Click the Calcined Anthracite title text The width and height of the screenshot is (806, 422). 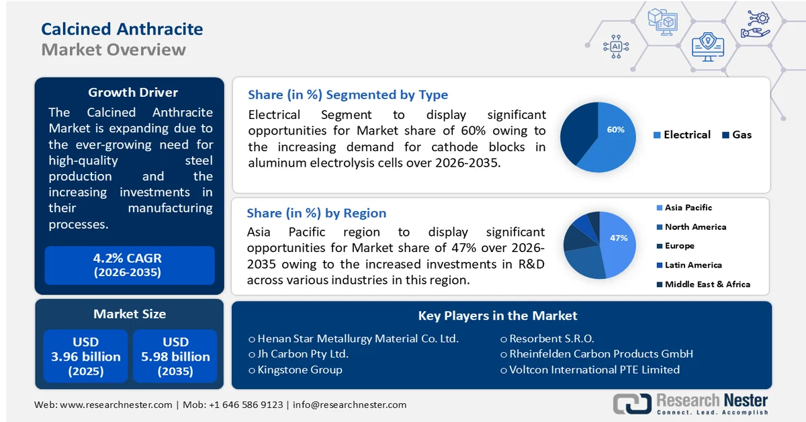(x=122, y=29)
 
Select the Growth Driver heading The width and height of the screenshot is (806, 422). (x=133, y=93)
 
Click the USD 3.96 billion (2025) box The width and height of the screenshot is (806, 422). (x=86, y=356)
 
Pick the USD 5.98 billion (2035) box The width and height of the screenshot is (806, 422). (x=175, y=356)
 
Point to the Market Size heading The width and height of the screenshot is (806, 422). (x=130, y=314)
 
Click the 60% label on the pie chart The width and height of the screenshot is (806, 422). (x=615, y=130)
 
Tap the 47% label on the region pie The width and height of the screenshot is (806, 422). (x=618, y=238)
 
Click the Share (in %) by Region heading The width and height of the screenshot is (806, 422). (x=316, y=213)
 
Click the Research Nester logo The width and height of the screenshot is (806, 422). (x=690, y=403)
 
